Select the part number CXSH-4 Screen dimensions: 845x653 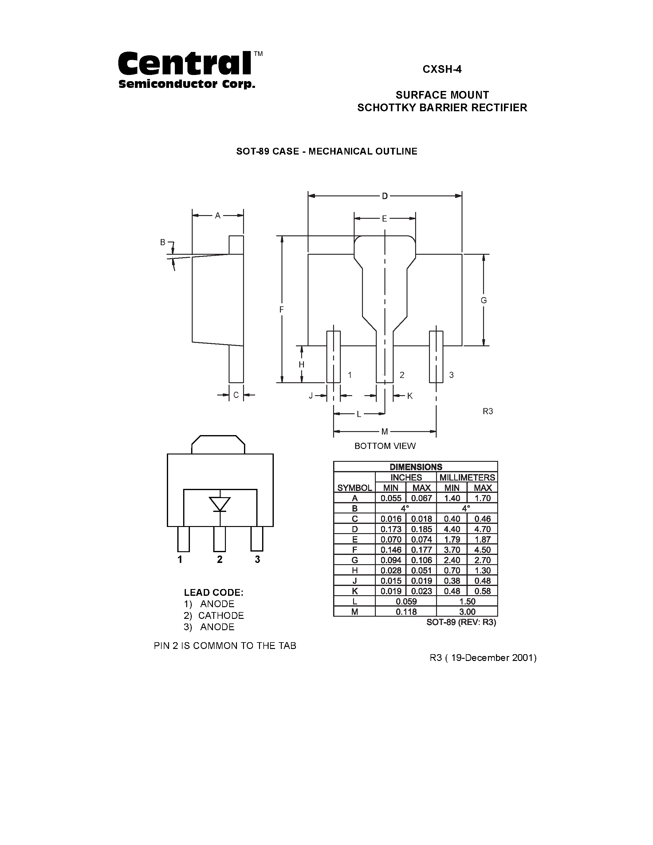pyautogui.click(x=442, y=69)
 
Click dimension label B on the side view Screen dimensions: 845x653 pyautogui.click(x=163, y=242)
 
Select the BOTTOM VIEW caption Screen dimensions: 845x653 pyautogui.click(x=385, y=446)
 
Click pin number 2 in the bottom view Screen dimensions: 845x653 pyautogui.click(x=402, y=375)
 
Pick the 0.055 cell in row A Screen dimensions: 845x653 pyautogui.click(x=391, y=498)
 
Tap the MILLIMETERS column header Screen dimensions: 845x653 pyautogui.click(x=467, y=478)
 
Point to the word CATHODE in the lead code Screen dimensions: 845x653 pyautogui.click(x=221, y=615)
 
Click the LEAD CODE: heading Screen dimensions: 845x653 pyautogui.click(x=214, y=592)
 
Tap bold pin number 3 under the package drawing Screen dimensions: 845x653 pyautogui.click(x=257, y=560)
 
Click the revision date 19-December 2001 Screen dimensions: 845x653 pyautogui.click(x=493, y=658)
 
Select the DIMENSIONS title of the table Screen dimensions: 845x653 pyautogui.click(x=415, y=467)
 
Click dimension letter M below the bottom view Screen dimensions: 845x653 pyautogui.click(x=384, y=431)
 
